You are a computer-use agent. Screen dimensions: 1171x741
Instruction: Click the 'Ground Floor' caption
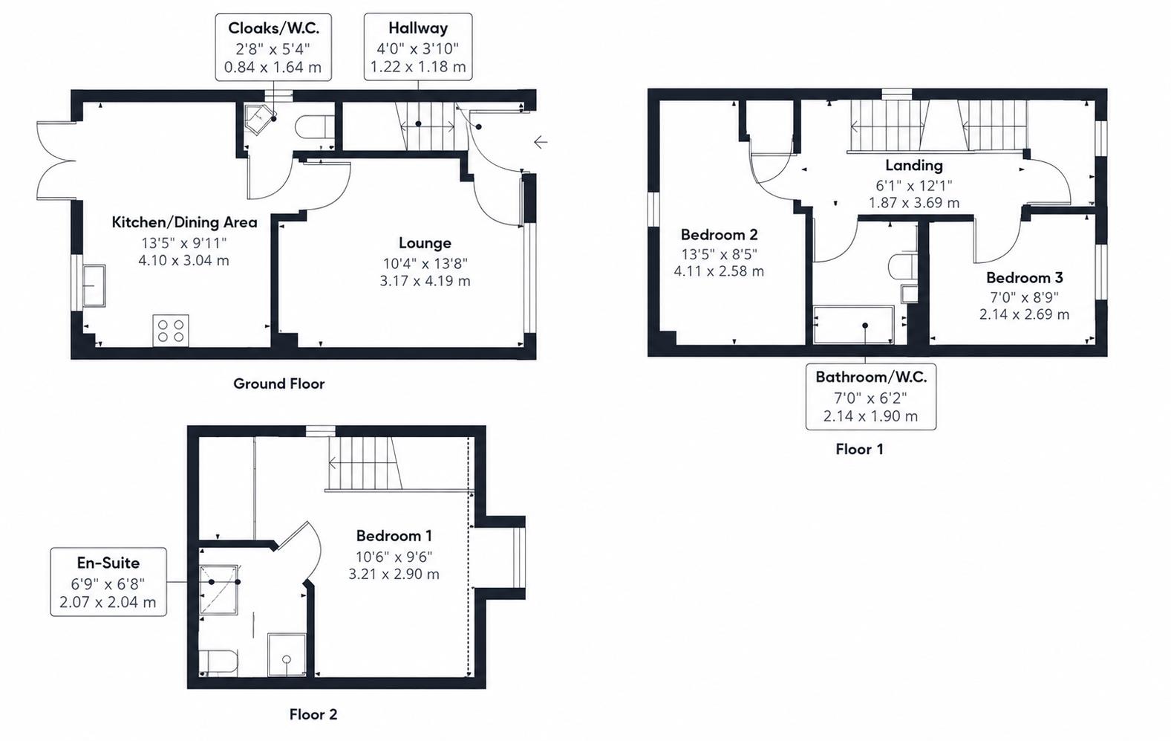tap(278, 384)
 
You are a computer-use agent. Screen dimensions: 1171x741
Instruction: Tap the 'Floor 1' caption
tap(859, 449)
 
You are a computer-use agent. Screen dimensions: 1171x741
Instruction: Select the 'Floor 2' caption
tap(313, 714)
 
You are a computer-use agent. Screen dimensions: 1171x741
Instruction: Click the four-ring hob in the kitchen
tap(171, 330)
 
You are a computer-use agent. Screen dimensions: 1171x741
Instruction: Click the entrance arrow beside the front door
tap(541, 141)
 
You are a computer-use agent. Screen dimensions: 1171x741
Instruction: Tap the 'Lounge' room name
tap(425, 243)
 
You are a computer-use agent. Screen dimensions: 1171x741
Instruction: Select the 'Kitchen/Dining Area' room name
tap(185, 222)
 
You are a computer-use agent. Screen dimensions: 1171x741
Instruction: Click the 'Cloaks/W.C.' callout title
tap(273, 28)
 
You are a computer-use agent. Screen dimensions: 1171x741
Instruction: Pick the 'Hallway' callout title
tap(418, 27)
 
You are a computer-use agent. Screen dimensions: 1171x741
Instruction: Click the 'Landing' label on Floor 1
tap(914, 165)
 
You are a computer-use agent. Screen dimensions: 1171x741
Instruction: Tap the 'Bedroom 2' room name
tap(719, 234)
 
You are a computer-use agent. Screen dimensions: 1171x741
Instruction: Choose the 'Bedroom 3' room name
tap(1024, 277)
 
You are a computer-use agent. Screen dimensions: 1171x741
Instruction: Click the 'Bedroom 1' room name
tap(394, 536)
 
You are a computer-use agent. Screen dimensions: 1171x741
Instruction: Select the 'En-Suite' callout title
tap(108, 563)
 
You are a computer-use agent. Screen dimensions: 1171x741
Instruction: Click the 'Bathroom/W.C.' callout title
tap(871, 377)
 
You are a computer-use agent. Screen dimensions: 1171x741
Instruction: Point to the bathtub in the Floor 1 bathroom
tap(853, 325)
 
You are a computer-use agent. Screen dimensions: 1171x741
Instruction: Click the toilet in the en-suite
tap(218, 662)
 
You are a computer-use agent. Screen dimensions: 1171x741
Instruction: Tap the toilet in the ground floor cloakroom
tap(312, 126)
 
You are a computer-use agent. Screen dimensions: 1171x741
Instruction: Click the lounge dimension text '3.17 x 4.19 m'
tap(425, 281)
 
